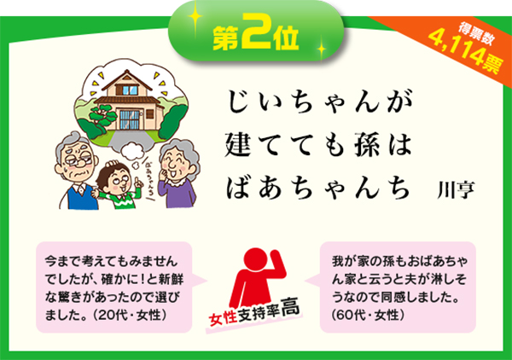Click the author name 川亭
tap(456, 189)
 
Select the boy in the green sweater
tap(119, 185)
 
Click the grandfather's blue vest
tap(82, 197)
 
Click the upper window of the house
tap(130, 90)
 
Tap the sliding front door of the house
tap(130, 119)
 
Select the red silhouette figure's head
tap(255, 258)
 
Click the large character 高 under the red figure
tap(290, 307)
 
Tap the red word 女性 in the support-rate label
tap(224, 318)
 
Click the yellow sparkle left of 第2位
tap(195, 17)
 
